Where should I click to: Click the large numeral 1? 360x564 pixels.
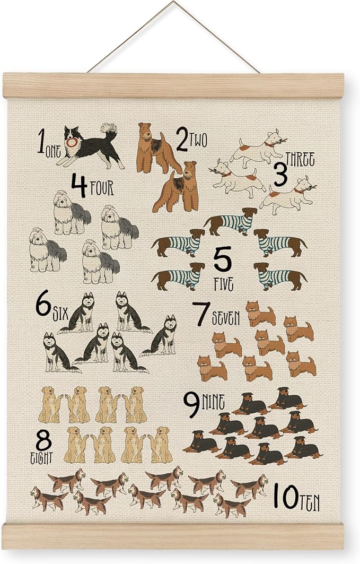tap(41, 142)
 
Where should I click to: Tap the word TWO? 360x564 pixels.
tap(199, 140)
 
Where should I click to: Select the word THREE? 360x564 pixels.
tap(300, 158)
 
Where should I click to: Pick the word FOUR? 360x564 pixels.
tap(101, 188)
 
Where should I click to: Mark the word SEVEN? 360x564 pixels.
tap(226, 318)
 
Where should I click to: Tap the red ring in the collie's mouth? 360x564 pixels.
tap(72, 142)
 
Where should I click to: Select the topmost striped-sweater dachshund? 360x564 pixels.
tap(231, 221)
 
